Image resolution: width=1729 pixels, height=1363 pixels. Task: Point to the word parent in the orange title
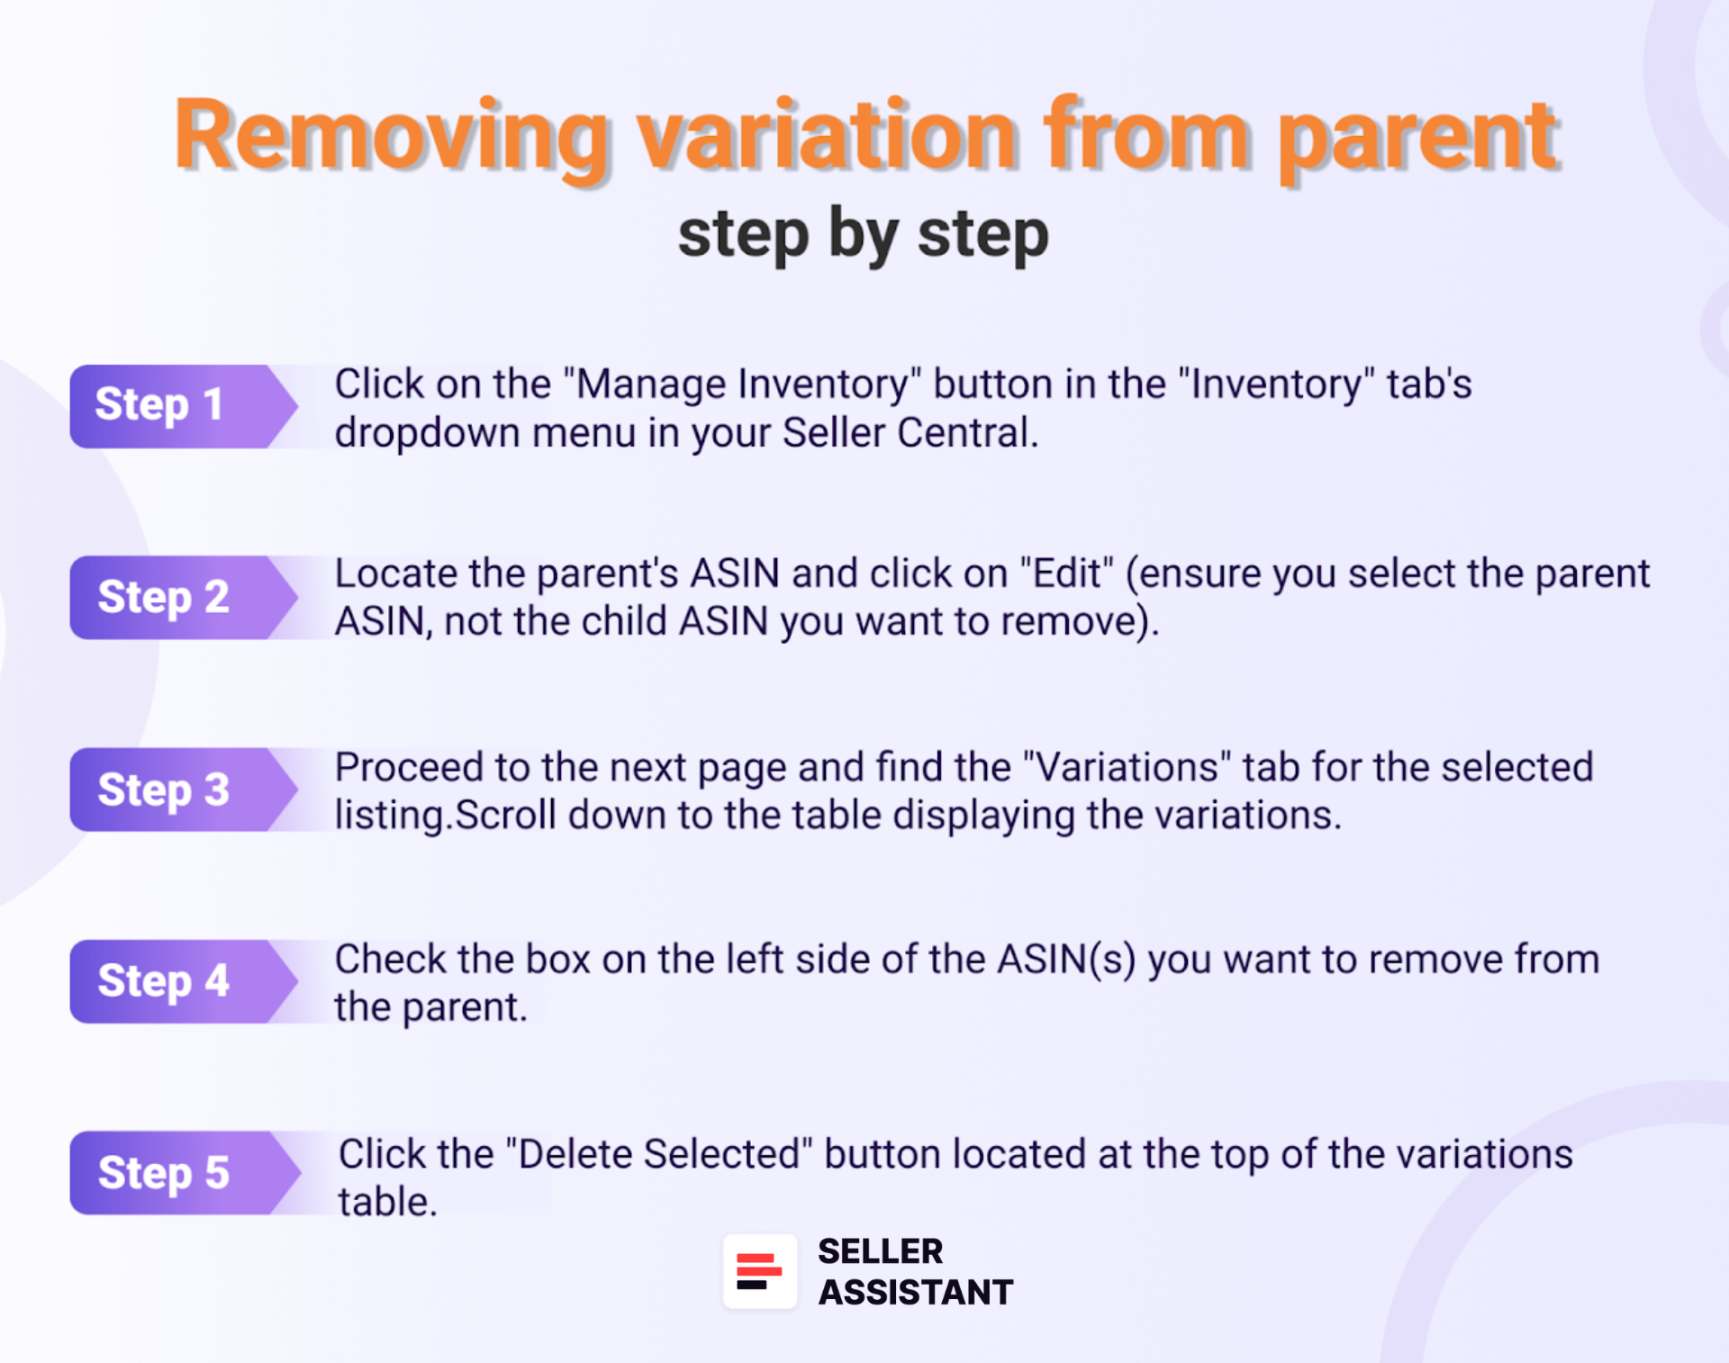pyautogui.click(x=1417, y=137)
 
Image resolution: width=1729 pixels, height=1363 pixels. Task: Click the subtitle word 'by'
pyautogui.click(x=862, y=234)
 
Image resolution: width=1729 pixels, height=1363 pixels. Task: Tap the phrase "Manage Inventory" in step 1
pyautogui.click(x=742, y=385)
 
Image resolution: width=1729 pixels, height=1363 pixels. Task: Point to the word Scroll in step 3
pyautogui.click(x=505, y=816)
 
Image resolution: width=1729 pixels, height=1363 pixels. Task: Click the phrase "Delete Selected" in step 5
pyautogui.click(x=659, y=1155)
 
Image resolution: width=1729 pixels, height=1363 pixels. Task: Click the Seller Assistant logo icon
pyautogui.click(x=759, y=1271)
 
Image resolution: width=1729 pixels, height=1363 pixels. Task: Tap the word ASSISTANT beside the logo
pyautogui.click(x=915, y=1293)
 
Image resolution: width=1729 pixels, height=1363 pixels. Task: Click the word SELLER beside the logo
pyautogui.click(x=880, y=1251)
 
